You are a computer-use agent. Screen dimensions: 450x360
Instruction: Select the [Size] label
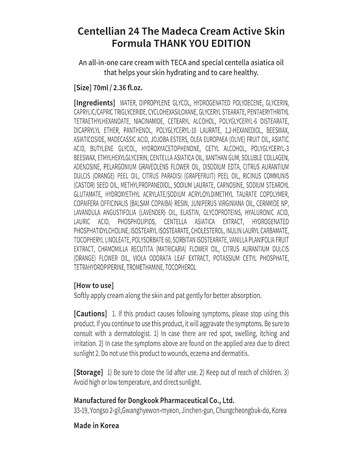pos(82,87)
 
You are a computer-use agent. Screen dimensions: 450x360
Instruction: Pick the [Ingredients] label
pos(94,102)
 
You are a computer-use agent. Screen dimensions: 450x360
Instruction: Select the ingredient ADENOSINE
pos(87,167)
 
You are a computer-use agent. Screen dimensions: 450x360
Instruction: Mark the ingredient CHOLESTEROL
pos(222,231)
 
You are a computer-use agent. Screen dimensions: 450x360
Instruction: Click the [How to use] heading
pos(94,285)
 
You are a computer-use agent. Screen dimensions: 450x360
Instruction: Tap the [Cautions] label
pos(91,314)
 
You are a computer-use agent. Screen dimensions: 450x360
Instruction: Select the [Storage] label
pos(88,372)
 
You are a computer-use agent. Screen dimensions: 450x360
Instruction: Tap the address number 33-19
pos(83,411)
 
